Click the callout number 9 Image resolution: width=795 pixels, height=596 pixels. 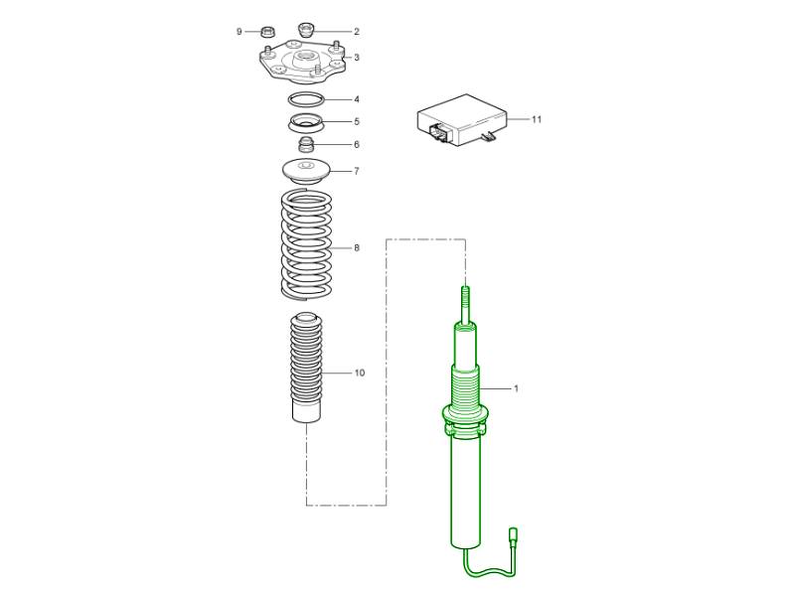tap(238, 32)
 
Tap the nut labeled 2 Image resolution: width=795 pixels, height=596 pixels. tap(305, 30)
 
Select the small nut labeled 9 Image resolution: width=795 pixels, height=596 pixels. tap(267, 32)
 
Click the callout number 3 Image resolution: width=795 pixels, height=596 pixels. tap(357, 58)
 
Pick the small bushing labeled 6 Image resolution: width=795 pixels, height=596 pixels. tap(305, 144)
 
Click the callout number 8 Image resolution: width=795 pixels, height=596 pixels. tap(357, 247)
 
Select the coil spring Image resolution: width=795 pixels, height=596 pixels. tap(306, 243)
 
